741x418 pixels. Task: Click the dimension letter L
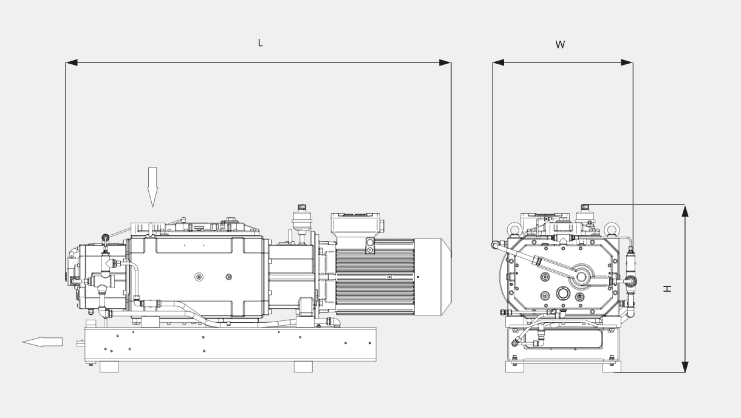(261, 43)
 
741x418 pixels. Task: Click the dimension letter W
(560, 45)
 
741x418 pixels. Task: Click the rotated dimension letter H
(668, 288)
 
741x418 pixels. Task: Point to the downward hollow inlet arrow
(152, 187)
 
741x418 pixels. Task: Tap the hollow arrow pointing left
(43, 342)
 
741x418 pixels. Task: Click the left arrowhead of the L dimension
(72, 62)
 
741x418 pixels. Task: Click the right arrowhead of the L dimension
(445, 62)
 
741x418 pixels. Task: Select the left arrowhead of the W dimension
(499, 62)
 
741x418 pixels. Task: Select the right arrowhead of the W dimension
(627, 62)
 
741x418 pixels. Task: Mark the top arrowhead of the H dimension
(685, 211)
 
